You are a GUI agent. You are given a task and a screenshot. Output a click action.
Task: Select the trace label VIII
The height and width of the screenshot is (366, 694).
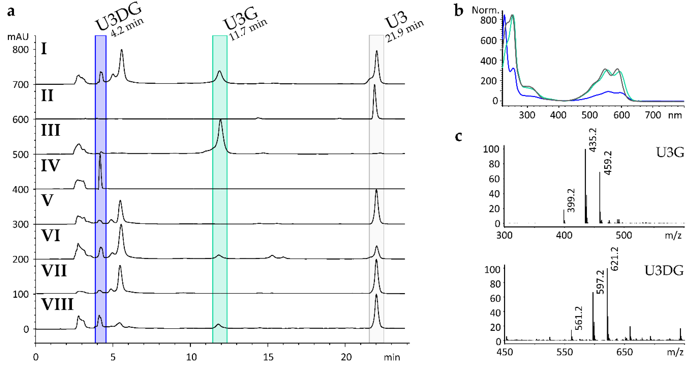click(x=57, y=305)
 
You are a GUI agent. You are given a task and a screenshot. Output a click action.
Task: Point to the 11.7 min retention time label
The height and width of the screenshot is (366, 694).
click(x=248, y=29)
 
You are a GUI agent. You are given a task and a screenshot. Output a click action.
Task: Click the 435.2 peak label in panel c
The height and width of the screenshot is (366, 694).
click(x=593, y=140)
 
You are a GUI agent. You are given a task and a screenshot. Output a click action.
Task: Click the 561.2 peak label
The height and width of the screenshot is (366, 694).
click(x=578, y=318)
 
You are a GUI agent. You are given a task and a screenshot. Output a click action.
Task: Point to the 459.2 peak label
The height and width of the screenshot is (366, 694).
click(x=608, y=163)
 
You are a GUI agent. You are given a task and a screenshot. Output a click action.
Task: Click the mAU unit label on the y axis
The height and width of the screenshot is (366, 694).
click(x=18, y=37)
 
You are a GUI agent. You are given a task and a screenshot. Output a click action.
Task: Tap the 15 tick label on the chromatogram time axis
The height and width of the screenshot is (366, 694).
click(x=268, y=357)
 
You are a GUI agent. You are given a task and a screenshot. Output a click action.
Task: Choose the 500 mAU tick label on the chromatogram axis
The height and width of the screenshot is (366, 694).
click(x=21, y=155)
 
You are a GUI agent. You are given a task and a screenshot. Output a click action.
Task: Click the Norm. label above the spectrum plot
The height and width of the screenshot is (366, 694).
click(x=485, y=10)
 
